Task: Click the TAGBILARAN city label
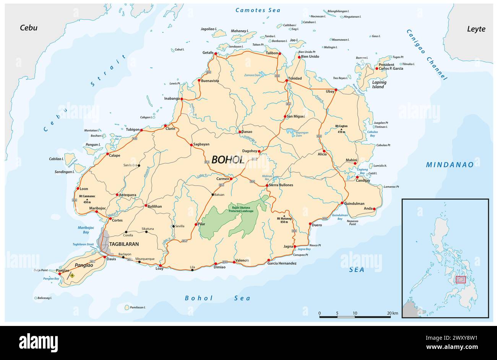click(124, 244)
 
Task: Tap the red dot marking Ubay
click(336, 90)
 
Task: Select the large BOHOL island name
click(228, 160)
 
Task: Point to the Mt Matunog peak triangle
click(284, 215)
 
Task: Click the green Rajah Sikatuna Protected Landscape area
click(229, 220)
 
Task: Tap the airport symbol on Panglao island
click(71, 275)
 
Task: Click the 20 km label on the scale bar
click(392, 313)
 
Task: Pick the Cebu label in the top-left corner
click(29, 28)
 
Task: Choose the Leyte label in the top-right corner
click(476, 29)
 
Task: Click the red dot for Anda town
click(374, 209)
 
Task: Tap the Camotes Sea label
click(258, 10)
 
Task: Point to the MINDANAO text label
click(450, 165)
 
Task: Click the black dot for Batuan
click(213, 195)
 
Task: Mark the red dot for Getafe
click(216, 54)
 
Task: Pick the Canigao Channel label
click(426, 55)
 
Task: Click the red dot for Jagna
click(295, 247)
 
